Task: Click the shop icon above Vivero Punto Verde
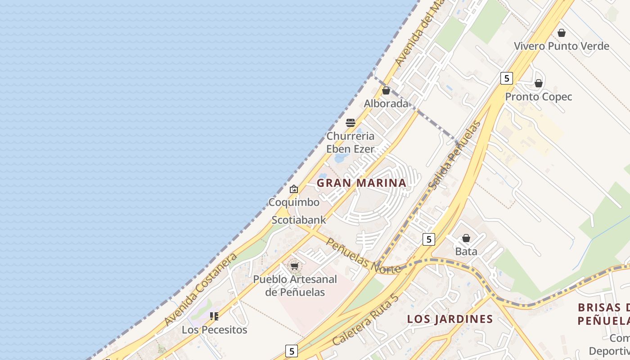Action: point(561,33)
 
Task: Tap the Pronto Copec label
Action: point(539,97)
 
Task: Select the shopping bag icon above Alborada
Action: point(386,90)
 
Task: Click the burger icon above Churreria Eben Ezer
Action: point(351,122)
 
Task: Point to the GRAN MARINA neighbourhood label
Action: point(361,183)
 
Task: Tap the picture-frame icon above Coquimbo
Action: point(294,189)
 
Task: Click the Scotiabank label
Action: point(299,220)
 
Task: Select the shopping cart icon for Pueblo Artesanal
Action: point(295,266)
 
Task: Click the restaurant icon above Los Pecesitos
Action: point(214,316)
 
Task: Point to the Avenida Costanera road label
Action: point(200,289)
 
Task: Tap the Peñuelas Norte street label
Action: point(363,256)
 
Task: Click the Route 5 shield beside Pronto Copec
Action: point(507,78)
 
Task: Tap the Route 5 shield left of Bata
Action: point(429,239)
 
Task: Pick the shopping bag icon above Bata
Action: point(466,238)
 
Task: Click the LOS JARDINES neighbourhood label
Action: point(450,319)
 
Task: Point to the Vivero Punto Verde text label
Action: point(562,46)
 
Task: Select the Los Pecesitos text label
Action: point(214,330)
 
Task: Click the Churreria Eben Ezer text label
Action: point(351,142)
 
